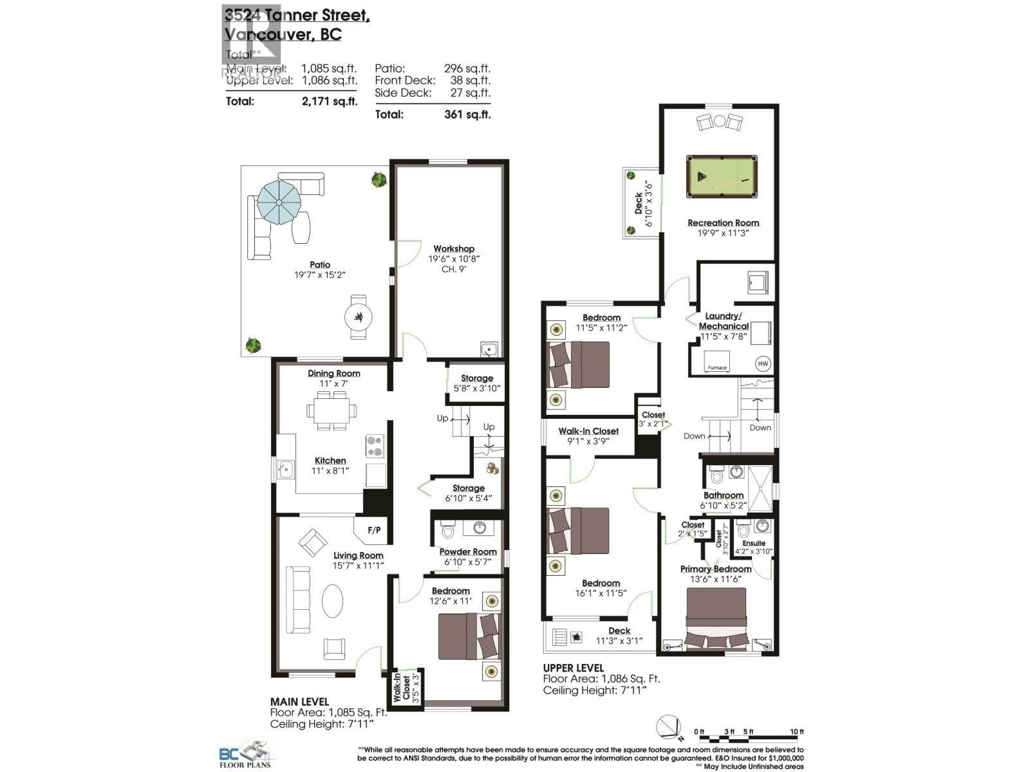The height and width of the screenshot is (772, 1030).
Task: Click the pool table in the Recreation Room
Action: click(722, 177)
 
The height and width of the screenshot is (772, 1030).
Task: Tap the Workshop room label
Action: click(454, 249)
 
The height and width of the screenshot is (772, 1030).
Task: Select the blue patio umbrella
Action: click(279, 202)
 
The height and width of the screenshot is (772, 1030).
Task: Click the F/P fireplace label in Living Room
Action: click(374, 530)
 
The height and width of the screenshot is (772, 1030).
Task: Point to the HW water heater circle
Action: click(762, 363)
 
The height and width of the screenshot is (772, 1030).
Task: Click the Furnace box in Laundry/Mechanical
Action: click(716, 362)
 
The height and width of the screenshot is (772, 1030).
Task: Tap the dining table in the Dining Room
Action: click(332, 410)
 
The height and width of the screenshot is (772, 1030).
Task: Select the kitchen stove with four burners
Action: click(375, 446)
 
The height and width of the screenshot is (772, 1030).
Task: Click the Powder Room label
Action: click(468, 552)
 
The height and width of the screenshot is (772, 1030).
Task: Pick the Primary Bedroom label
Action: click(716, 569)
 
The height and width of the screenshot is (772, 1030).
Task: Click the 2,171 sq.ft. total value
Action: click(329, 101)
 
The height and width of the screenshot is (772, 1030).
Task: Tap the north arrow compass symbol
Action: click(668, 728)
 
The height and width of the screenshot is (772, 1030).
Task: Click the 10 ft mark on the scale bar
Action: click(797, 731)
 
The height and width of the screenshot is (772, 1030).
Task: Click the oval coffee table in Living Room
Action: click(333, 600)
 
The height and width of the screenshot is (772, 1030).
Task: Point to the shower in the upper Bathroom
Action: click(760, 488)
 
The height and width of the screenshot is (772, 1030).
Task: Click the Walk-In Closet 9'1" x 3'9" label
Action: click(588, 431)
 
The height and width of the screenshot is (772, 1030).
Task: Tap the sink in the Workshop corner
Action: click(489, 349)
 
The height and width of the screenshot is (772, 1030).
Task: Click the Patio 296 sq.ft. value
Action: click(467, 68)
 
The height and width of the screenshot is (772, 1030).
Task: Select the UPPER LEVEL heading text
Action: click(573, 668)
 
